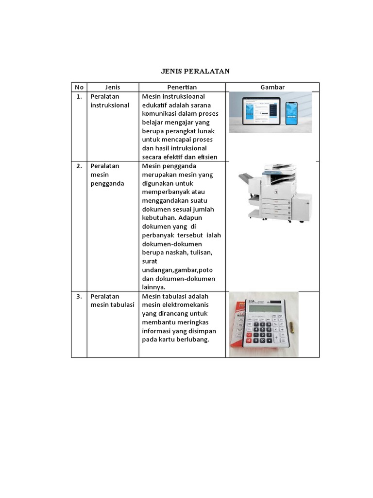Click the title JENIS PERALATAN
pyautogui.click(x=195, y=71)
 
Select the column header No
pyautogui.click(x=79, y=87)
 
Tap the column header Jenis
pyautogui.click(x=113, y=87)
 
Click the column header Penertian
pyautogui.click(x=182, y=87)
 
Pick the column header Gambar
pyautogui.click(x=272, y=87)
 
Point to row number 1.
pyautogui.click(x=79, y=96)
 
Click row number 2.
pyautogui.click(x=79, y=166)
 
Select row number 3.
pyautogui.click(x=79, y=296)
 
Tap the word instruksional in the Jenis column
pyautogui.click(x=110, y=105)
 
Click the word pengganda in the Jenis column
pyautogui.click(x=107, y=183)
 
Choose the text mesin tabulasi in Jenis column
pyautogui.click(x=112, y=305)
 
